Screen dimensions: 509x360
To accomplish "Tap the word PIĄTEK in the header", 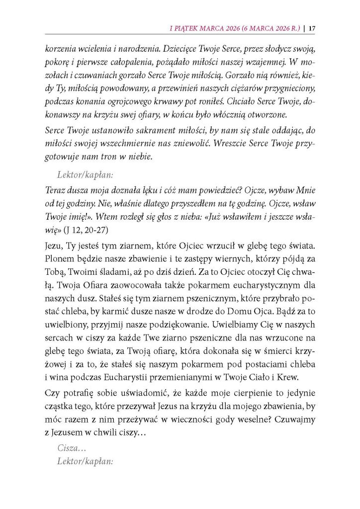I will click(188, 28).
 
